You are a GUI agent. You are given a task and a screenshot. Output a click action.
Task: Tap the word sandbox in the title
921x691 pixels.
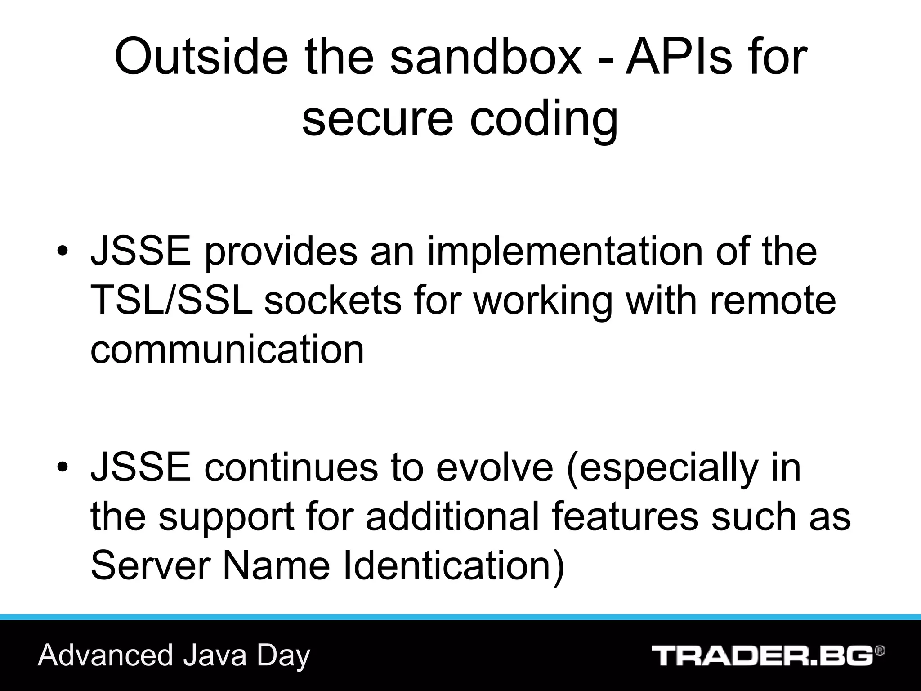click(x=486, y=58)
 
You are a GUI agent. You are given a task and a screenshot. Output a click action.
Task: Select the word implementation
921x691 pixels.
click(x=565, y=252)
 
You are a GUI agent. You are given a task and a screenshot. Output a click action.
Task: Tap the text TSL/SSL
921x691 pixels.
click(x=171, y=300)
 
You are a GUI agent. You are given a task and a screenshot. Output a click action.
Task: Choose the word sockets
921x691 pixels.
click(x=332, y=300)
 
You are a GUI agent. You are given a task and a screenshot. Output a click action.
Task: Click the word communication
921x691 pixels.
click(x=227, y=350)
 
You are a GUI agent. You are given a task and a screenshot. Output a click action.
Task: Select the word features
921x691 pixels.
click(x=625, y=516)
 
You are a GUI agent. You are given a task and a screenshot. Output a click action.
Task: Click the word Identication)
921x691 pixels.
click(x=453, y=565)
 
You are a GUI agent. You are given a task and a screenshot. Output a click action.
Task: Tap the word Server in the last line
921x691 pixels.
click(x=151, y=565)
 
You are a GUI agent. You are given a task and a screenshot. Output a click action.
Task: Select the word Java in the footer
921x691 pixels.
click(x=215, y=655)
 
